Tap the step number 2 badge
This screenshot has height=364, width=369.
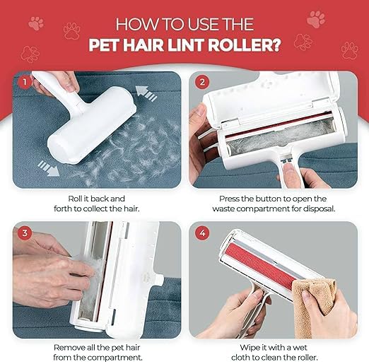click(x=202, y=81)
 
